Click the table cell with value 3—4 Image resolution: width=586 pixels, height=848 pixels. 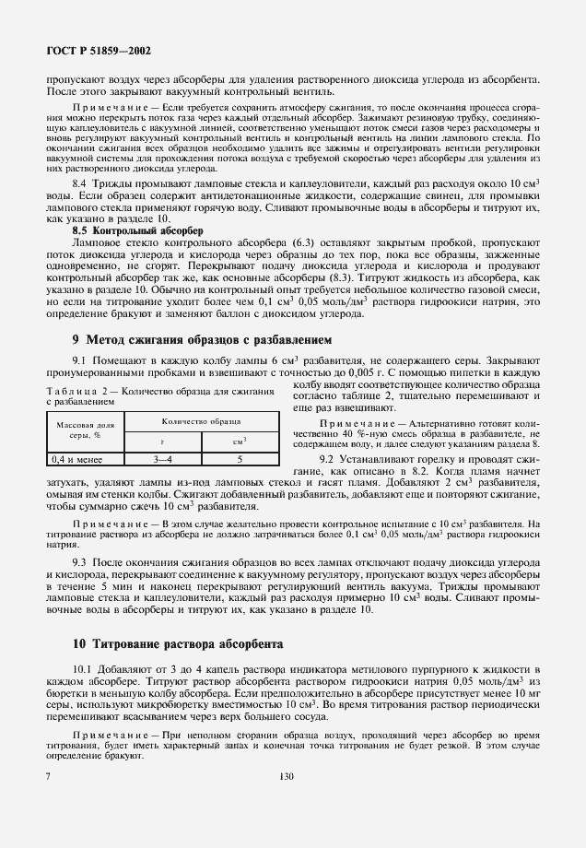point(162,457)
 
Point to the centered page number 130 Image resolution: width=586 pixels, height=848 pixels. point(285,802)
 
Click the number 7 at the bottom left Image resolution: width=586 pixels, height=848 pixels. point(48,802)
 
